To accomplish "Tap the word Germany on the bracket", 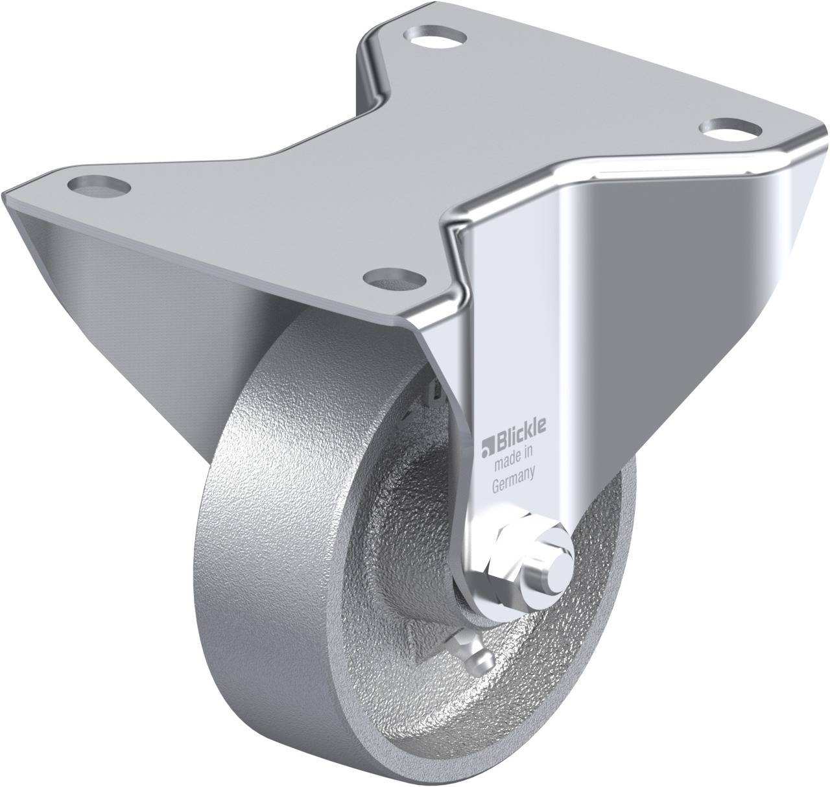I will click(x=512, y=487).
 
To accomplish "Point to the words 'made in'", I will click(x=514, y=465).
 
